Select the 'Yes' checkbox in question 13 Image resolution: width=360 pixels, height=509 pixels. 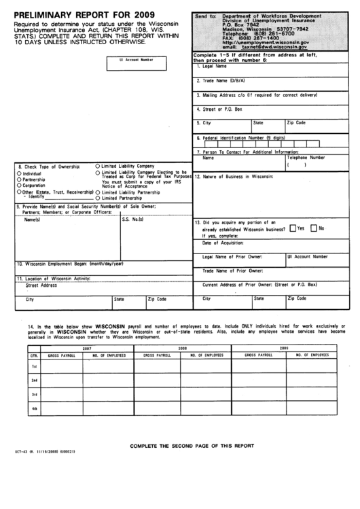pyautogui.click(x=293, y=228)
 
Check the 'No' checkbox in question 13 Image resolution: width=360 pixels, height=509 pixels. pyautogui.click(x=314, y=228)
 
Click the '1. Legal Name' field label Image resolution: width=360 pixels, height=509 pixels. pyautogui.click(x=212, y=66)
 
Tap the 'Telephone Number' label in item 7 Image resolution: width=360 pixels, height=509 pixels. pyautogui.click(x=306, y=157)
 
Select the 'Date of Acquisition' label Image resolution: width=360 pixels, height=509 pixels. pyautogui.click(x=221, y=243)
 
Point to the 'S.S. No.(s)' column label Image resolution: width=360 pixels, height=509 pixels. pyautogui.click(x=132, y=219)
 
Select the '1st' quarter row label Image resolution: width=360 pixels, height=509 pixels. pyautogui.click(x=33, y=366)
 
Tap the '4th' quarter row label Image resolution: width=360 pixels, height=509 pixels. pyautogui.click(x=33, y=408)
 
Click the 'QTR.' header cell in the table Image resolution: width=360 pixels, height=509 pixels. pyautogui.click(x=33, y=355)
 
